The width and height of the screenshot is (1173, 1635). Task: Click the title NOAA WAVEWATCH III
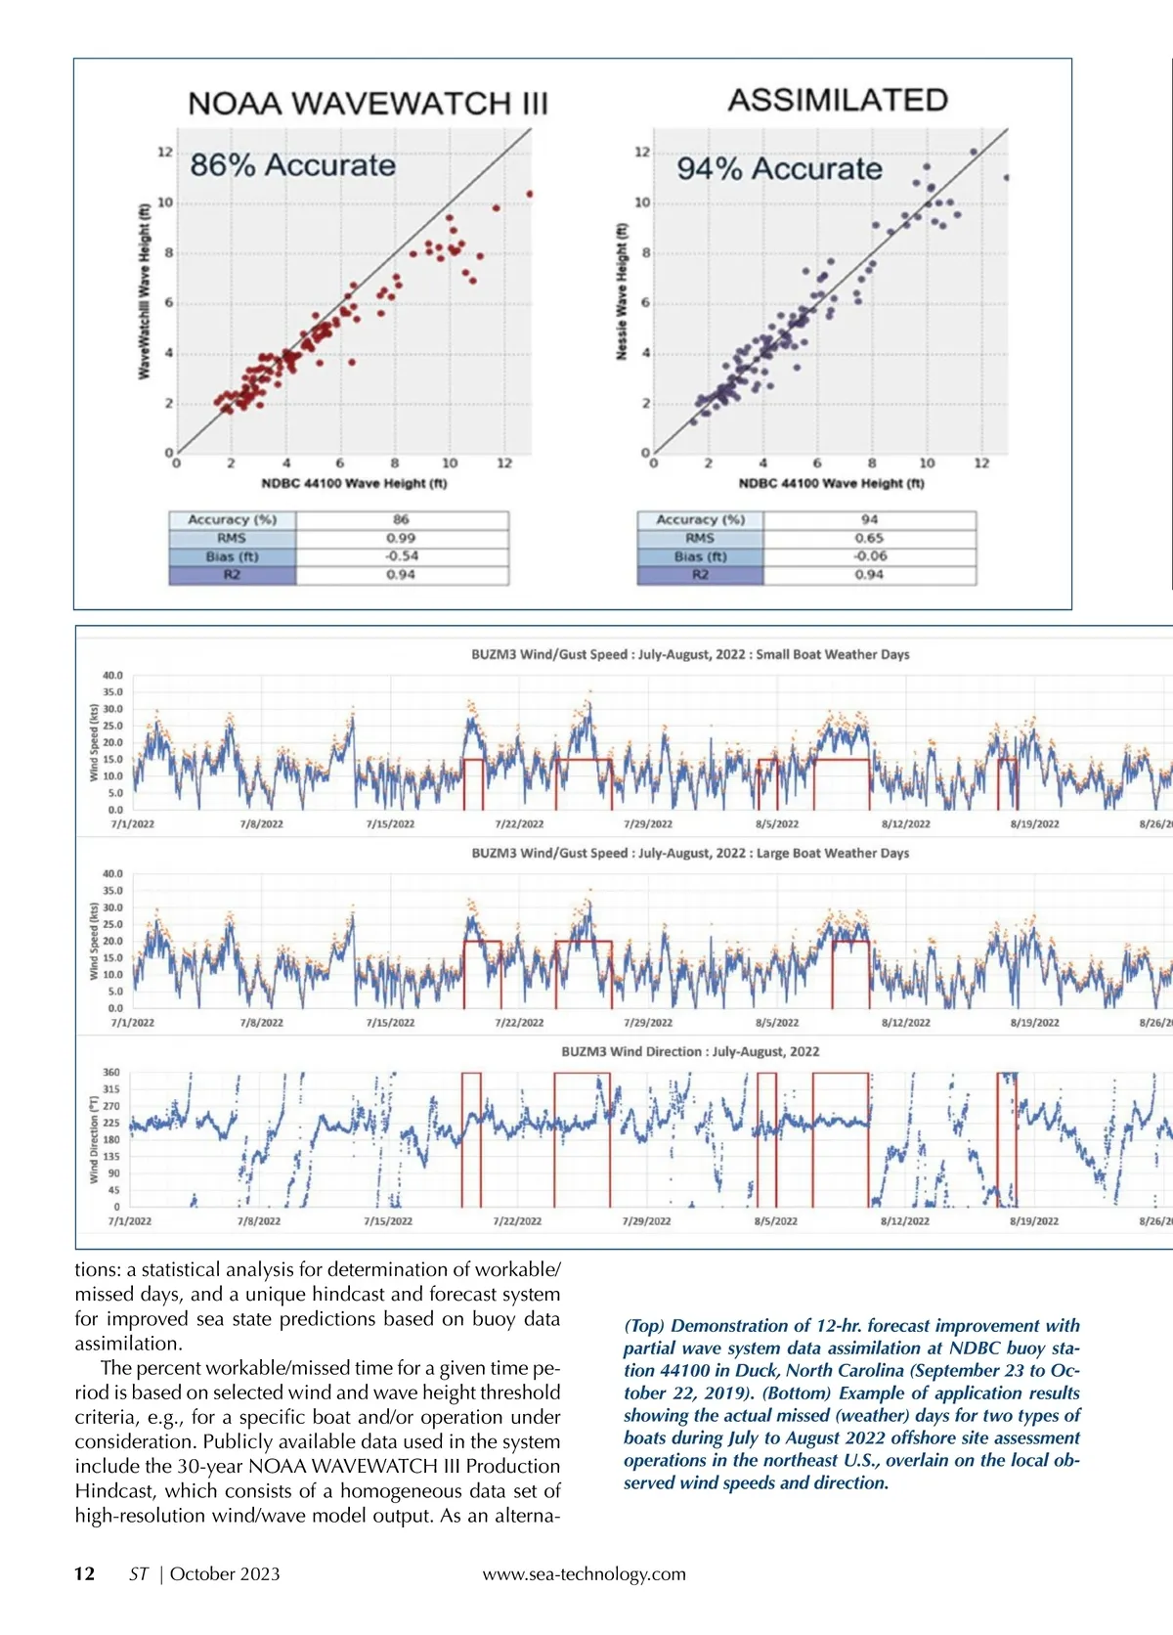(368, 104)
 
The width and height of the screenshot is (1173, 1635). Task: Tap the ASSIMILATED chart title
(838, 100)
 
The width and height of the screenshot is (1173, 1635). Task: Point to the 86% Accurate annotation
(292, 165)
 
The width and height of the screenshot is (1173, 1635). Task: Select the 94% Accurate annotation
(779, 169)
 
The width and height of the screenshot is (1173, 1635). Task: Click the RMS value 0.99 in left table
(401, 538)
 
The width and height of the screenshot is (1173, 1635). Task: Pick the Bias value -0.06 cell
(869, 556)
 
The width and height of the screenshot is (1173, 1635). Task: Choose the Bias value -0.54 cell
(401, 556)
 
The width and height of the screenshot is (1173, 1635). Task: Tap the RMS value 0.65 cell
(869, 538)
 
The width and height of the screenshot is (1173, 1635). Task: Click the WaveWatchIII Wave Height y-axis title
(144, 290)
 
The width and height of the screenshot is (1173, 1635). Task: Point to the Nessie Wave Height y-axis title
(621, 291)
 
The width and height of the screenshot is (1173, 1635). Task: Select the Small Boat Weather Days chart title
(690, 654)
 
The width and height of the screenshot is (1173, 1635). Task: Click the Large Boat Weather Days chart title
(690, 853)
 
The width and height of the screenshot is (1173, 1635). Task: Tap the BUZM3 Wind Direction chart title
(690, 1051)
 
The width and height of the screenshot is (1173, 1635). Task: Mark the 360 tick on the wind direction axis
(111, 1073)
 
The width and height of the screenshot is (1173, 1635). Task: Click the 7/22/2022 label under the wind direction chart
(517, 1221)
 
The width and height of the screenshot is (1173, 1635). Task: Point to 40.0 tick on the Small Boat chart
(112, 676)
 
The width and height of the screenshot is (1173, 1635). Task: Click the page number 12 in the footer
(85, 1573)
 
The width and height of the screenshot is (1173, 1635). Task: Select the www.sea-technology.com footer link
(584, 1574)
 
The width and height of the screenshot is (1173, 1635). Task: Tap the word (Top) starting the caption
(644, 1326)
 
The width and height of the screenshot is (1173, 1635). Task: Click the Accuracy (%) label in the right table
(700, 520)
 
